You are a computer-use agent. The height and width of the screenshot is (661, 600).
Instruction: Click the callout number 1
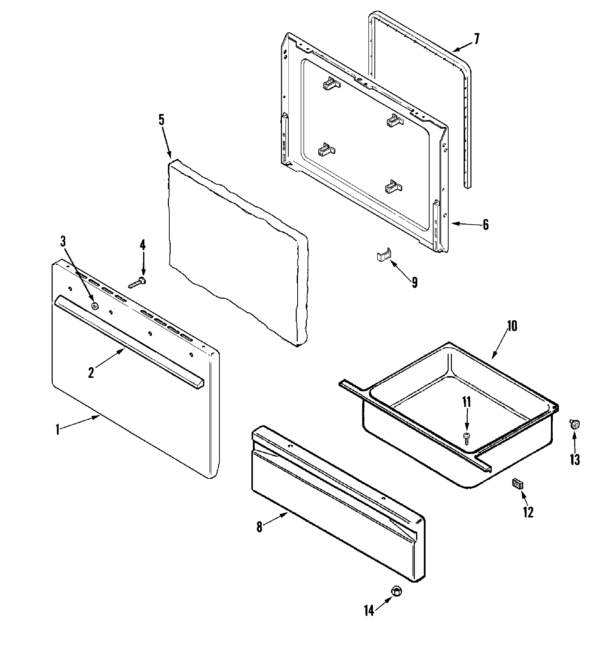point(58,429)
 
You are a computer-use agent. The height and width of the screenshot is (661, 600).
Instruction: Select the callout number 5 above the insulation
point(161,120)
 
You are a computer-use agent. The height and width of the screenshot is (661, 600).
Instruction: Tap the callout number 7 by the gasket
point(476,39)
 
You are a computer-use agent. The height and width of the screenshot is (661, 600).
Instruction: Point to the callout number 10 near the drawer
point(512,326)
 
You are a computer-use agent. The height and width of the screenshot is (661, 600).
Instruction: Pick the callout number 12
point(528,512)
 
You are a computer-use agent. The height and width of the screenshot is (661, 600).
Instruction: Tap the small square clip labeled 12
point(517,484)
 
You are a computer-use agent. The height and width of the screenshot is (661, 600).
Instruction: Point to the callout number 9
point(415,282)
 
